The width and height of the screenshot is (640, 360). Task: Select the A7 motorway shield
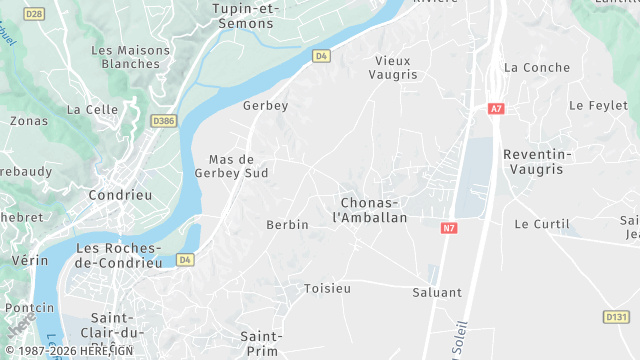496,108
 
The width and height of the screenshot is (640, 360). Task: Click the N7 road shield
448,228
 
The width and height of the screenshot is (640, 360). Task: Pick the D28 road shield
34,14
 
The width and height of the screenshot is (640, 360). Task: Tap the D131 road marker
616,316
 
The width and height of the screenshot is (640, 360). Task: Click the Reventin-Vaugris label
538,162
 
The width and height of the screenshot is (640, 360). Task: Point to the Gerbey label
265,105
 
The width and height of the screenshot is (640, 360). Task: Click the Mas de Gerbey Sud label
238,166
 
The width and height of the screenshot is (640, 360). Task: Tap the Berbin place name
287,225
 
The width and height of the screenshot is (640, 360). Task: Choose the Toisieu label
327,289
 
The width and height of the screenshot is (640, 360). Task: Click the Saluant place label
437,293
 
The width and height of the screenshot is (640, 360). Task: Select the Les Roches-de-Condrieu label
119,255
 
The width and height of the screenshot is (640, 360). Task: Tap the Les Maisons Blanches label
125,57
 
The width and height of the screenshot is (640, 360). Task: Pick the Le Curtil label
541,224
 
